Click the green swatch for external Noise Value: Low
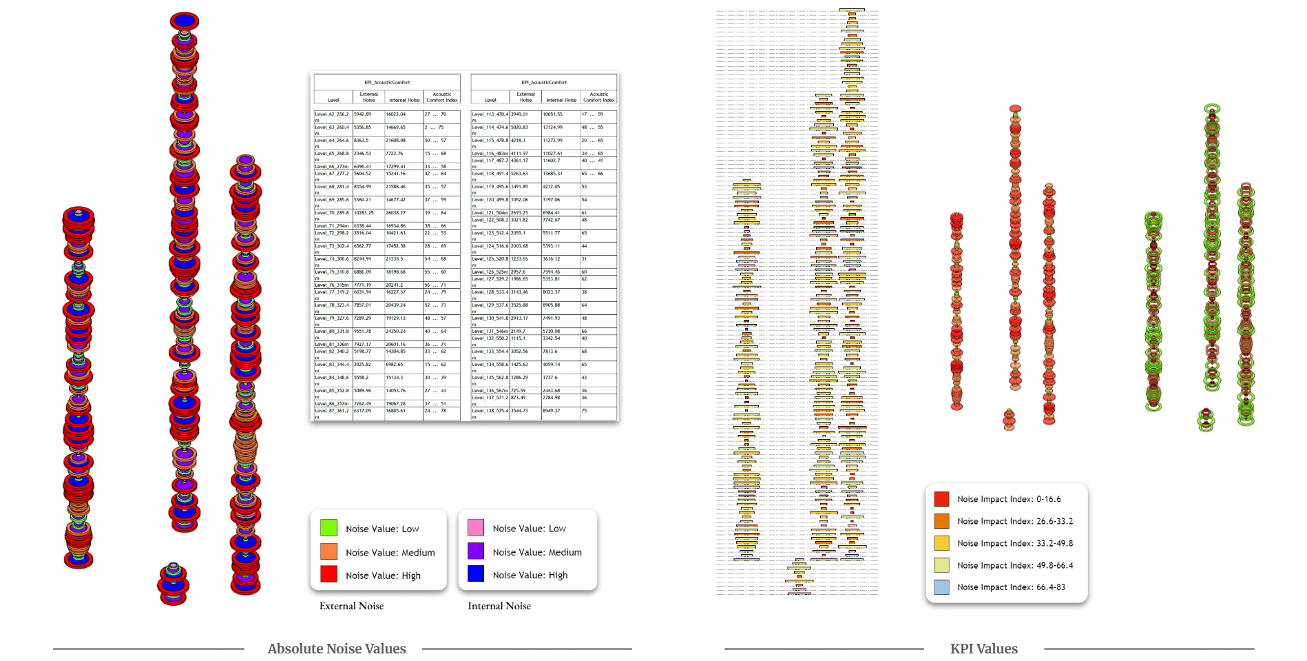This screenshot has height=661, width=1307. tap(328, 529)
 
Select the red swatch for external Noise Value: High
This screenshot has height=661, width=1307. tap(328, 574)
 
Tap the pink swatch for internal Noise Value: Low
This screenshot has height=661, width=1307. tap(476, 528)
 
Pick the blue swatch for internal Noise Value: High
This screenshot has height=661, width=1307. tap(476, 573)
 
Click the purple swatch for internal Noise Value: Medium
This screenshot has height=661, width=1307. tap(476, 551)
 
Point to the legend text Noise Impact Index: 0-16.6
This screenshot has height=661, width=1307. tap(1008, 499)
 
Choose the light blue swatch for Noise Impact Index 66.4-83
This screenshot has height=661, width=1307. tap(941, 587)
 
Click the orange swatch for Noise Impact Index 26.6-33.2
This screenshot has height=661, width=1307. tap(941, 521)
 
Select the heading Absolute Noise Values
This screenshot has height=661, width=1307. tap(337, 649)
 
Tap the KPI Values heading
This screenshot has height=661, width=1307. tap(983, 649)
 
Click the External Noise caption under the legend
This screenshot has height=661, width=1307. tap(351, 606)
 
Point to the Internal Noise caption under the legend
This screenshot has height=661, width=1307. tap(499, 606)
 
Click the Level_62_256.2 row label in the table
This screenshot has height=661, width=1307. tap(332, 114)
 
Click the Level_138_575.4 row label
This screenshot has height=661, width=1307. tap(490, 411)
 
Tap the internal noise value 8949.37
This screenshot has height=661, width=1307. tap(552, 411)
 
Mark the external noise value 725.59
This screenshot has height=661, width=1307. tap(518, 391)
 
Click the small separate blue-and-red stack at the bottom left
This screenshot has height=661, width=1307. tap(173, 584)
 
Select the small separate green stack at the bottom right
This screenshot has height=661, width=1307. tap(1206, 420)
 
